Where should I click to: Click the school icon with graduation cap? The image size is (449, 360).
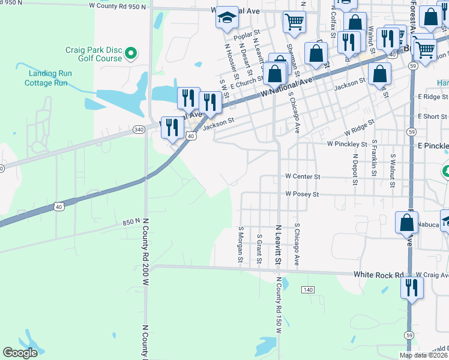tap(228, 18)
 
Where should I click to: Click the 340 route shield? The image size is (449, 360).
tap(139, 130)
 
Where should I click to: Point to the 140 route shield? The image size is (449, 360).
tap(308, 290)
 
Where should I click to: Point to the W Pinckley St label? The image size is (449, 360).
tap(346, 145)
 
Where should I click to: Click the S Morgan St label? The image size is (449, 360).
tap(240, 245)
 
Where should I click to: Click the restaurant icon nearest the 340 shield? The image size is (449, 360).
tap(172, 128)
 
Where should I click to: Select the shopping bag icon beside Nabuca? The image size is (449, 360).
tap(406, 223)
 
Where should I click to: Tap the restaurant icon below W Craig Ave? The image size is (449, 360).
tap(412, 287)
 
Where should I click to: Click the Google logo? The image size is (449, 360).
tap(20, 353)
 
